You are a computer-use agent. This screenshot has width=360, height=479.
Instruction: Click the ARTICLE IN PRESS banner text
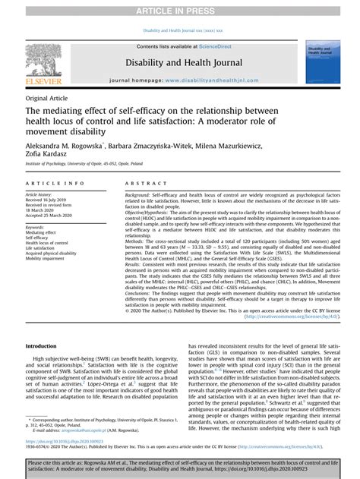180,8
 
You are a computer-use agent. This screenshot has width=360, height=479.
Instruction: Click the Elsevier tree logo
43,59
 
